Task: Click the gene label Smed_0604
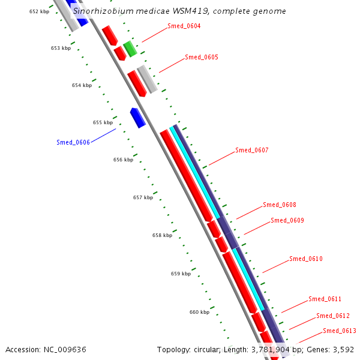click(x=184, y=26)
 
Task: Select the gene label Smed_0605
click(x=202, y=58)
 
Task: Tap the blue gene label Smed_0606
click(x=73, y=142)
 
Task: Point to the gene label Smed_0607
click(x=252, y=150)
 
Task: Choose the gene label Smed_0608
click(x=280, y=205)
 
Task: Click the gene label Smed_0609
click(x=287, y=221)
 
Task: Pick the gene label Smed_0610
click(x=306, y=259)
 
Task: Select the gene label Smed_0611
click(x=325, y=299)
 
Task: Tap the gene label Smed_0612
click(x=333, y=316)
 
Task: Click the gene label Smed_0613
click(x=340, y=331)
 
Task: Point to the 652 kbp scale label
click(x=40, y=11)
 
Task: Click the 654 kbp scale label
click(x=82, y=85)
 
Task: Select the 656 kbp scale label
click(x=123, y=160)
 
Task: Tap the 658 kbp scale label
click(x=162, y=235)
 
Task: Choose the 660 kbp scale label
click(x=199, y=312)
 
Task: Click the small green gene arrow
click(x=130, y=49)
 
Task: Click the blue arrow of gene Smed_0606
click(x=138, y=118)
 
